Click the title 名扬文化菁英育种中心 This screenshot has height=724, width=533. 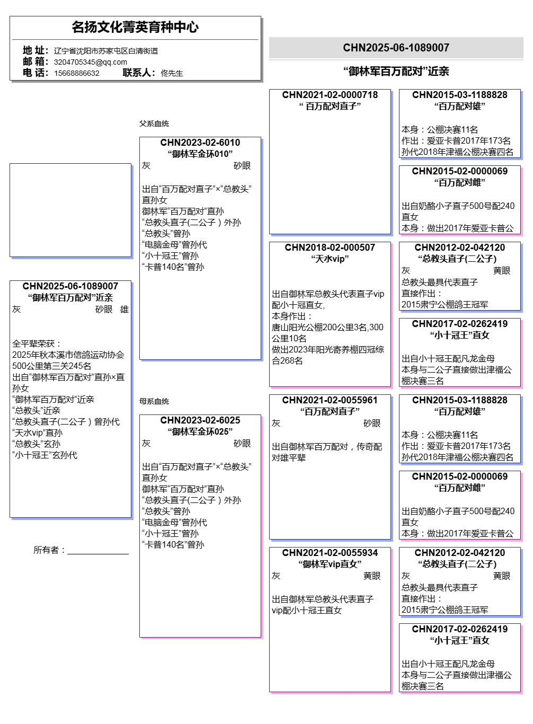tap(135, 27)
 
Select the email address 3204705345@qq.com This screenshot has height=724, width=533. tap(90, 62)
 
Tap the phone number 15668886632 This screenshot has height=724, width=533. tap(76, 73)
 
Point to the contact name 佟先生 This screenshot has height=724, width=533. tap(172, 73)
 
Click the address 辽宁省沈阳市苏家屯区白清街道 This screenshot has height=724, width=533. tap(105, 51)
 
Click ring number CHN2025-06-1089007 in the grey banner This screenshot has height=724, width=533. tap(396, 48)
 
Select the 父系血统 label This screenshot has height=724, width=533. tap(154, 123)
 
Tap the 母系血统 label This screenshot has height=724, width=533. tap(154, 401)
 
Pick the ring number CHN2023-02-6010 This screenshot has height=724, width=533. tap(200, 143)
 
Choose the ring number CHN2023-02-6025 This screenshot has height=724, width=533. tap(200, 420)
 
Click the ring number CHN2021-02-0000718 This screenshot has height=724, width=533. tap(330, 95)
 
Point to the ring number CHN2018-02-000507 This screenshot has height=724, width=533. tap(330, 248)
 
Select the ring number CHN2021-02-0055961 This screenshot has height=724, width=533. tap(330, 400)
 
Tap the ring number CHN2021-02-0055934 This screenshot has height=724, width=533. tap(330, 553)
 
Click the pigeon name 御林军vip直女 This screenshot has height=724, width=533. tap(330, 564)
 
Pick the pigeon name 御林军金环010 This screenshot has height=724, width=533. tap(200, 154)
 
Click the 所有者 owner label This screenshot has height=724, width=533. tap(49, 550)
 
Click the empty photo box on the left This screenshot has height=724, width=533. tap(70, 210)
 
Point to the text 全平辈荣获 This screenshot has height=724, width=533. tap(37, 343)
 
